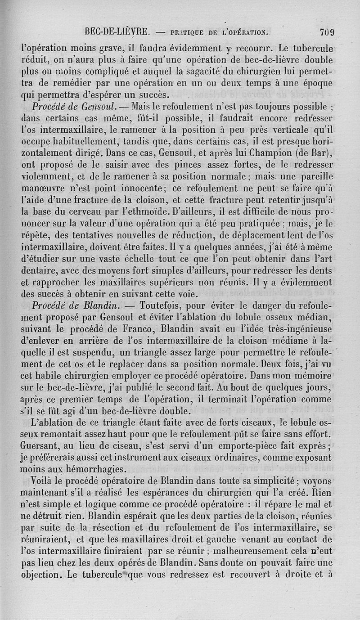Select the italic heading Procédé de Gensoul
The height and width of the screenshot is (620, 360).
click(x=75, y=108)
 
